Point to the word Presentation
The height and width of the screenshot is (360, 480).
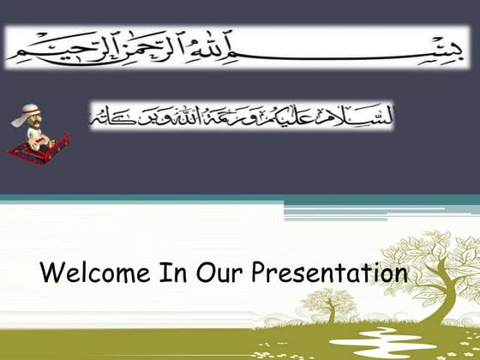329,275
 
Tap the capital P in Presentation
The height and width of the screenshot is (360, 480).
260,275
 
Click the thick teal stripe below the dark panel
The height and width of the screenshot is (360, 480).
240,200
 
